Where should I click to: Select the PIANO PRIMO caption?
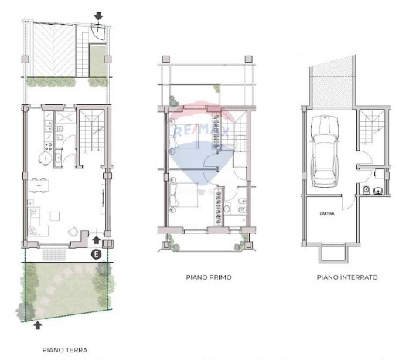tap(209, 277)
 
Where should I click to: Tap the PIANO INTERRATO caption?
tap(347, 277)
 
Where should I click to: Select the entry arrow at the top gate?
tap(98, 15)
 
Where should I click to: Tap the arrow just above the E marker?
tap(96, 240)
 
